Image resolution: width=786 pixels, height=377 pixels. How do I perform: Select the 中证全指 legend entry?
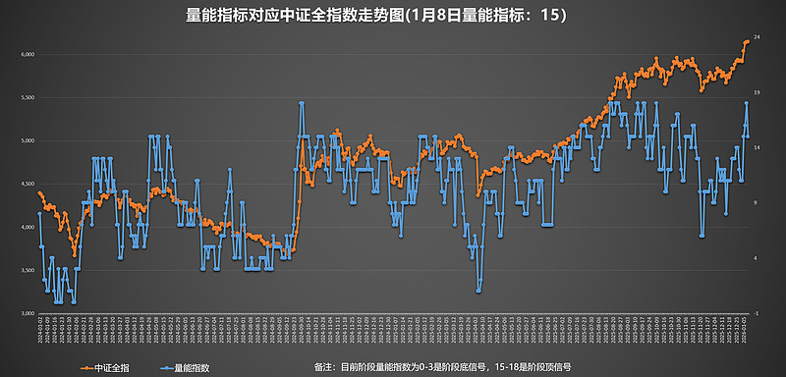pos(109,367)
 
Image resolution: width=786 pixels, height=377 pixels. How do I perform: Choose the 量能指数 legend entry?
pos(188,367)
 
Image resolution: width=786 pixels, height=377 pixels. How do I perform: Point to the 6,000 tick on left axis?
pos(28,54)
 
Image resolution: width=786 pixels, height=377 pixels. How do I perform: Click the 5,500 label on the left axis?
pos(28,97)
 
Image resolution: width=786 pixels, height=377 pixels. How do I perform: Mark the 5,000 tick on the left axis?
pos(28,140)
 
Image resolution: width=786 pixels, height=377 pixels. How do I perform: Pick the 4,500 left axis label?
pos(28,184)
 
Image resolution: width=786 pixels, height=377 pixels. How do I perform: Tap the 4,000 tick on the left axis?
pos(28,227)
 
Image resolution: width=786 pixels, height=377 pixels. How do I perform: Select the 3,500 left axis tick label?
pos(28,270)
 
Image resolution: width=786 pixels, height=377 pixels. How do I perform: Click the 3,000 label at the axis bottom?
pos(28,313)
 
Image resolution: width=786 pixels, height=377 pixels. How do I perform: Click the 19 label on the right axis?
pos(758,92)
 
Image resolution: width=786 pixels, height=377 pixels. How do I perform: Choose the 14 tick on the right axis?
pos(758,147)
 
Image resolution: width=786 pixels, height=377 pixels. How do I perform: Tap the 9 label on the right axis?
pos(758,202)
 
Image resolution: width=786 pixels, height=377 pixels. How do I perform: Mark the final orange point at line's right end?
pos(747,41)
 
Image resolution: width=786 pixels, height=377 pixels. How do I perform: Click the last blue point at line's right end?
pos(747,135)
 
